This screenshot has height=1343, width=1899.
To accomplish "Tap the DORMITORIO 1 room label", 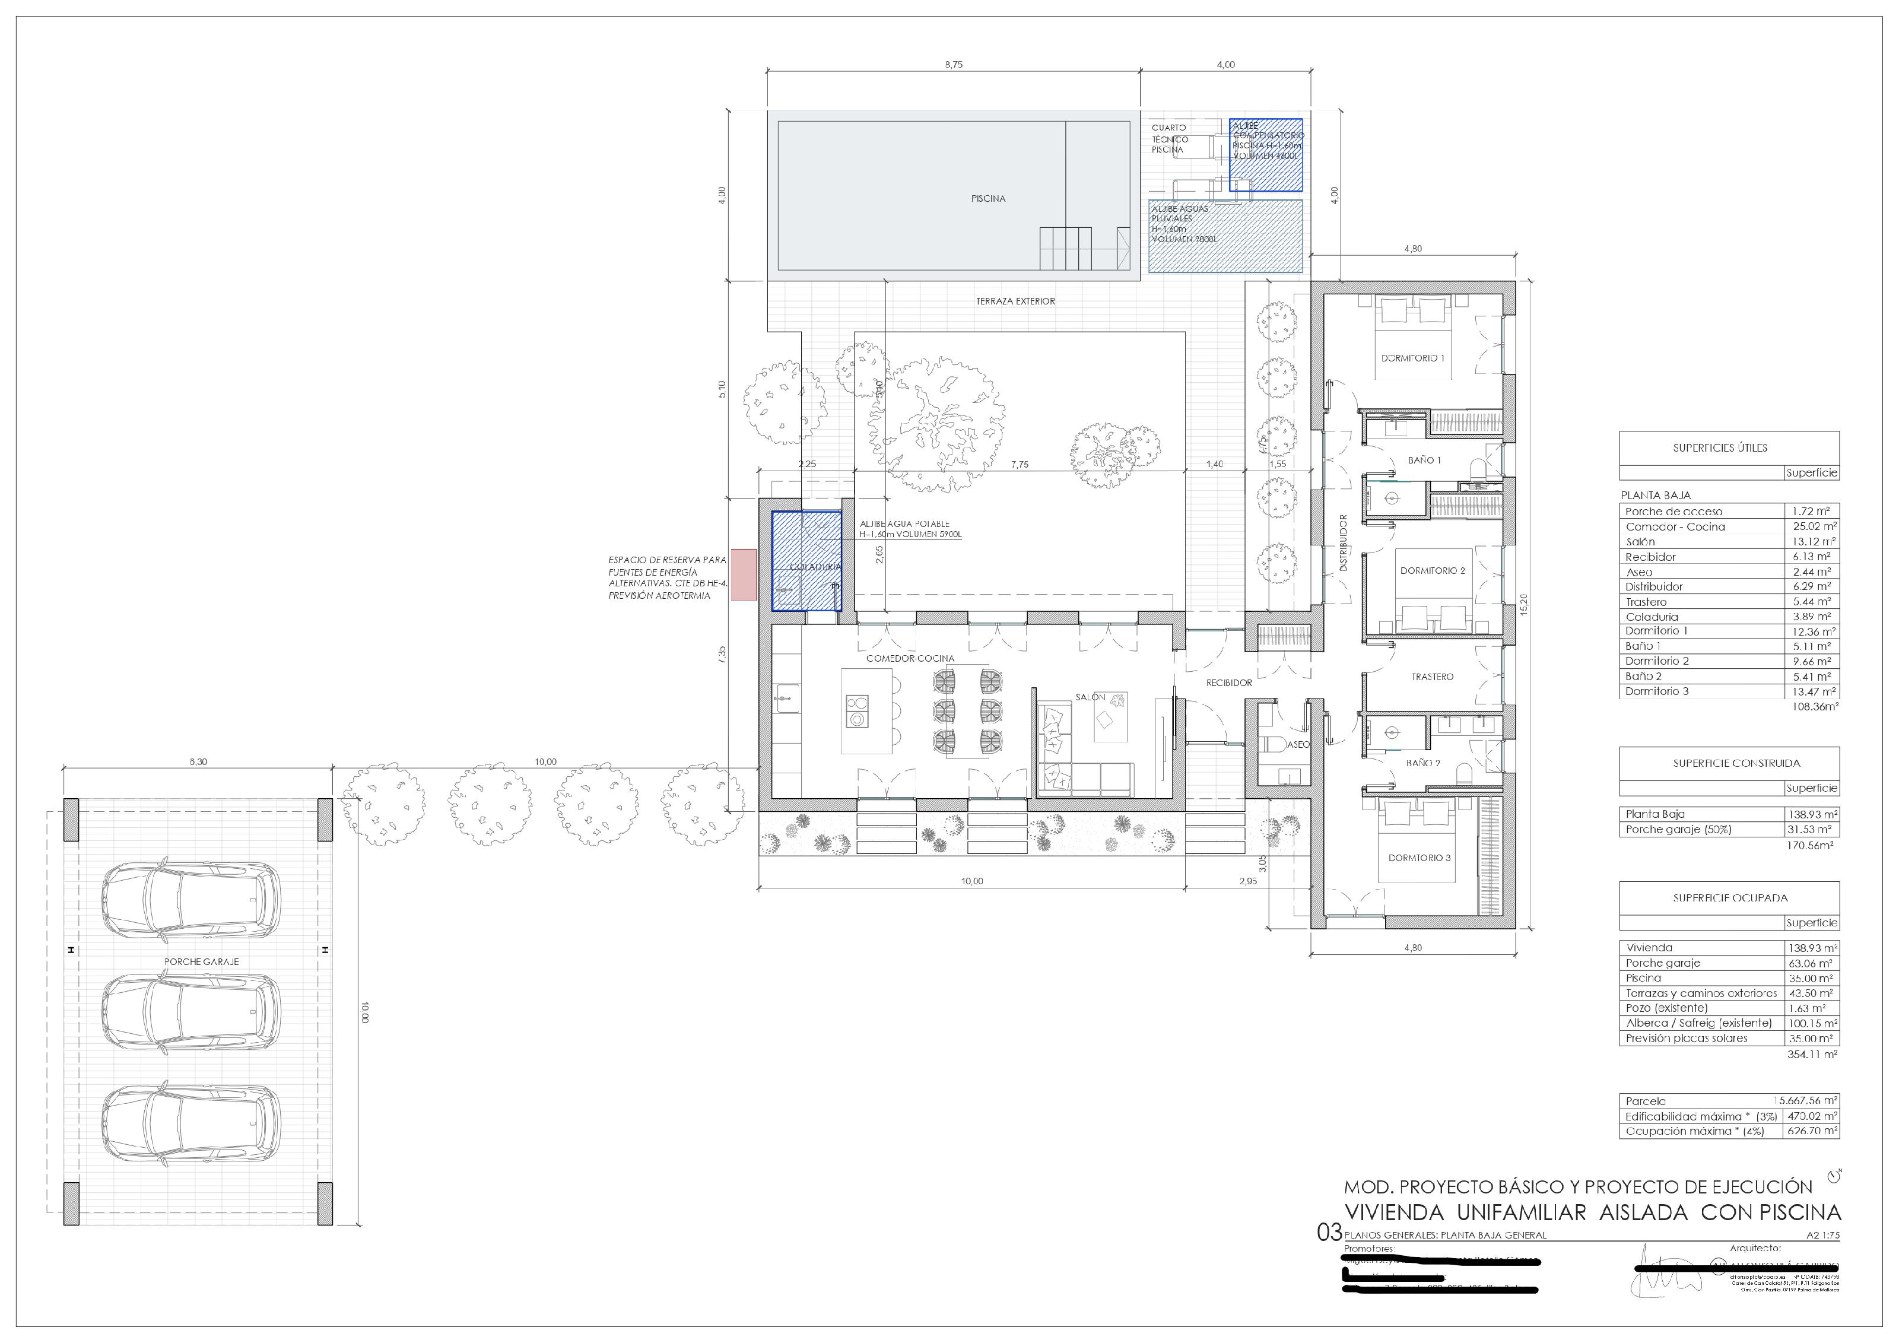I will coord(1412,358).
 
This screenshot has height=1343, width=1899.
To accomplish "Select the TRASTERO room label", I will coord(1432,677).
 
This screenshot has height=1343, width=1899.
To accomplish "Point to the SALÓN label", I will coord(1090,697).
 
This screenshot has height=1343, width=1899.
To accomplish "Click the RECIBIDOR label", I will coord(1228,683).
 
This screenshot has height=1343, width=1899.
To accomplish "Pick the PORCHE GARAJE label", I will coord(201,962).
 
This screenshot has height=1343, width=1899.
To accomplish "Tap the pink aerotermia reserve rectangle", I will coord(744,574).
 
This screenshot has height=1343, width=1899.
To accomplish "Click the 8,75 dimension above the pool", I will coord(954,65).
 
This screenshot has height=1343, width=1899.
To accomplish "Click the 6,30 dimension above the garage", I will coord(198,761).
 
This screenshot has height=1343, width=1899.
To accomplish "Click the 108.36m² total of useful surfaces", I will coord(1815,707).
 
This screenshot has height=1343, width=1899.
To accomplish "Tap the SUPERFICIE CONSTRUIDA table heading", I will coord(1736,763).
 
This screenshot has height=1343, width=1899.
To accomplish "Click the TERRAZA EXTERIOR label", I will coord(1015,301).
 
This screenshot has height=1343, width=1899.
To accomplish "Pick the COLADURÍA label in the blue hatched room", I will coord(815,567).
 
